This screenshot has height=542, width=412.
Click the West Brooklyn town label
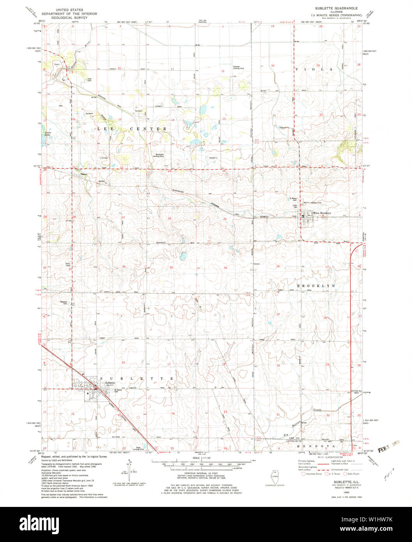[x=322, y=213]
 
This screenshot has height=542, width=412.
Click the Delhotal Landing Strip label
[x=238, y=67]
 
